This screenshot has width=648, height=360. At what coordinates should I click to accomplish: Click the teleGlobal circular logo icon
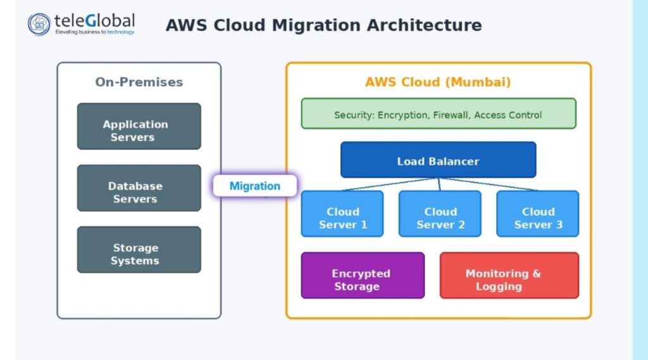(x=39, y=24)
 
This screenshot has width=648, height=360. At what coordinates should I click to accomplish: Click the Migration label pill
(x=254, y=186)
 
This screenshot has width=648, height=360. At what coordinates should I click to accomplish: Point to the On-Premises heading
(x=139, y=82)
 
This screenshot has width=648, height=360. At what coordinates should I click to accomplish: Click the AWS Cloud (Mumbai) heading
(x=438, y=82)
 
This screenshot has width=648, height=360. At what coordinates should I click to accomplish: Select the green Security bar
(x=438, y=114)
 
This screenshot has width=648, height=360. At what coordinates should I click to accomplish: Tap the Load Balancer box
(x=438, y=160)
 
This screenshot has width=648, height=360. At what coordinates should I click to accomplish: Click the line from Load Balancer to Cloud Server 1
(x=390, y=184)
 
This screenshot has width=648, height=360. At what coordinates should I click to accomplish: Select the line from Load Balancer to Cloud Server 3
(x=489, y=184)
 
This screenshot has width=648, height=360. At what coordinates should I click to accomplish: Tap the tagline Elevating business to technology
(x=94, y=32)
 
